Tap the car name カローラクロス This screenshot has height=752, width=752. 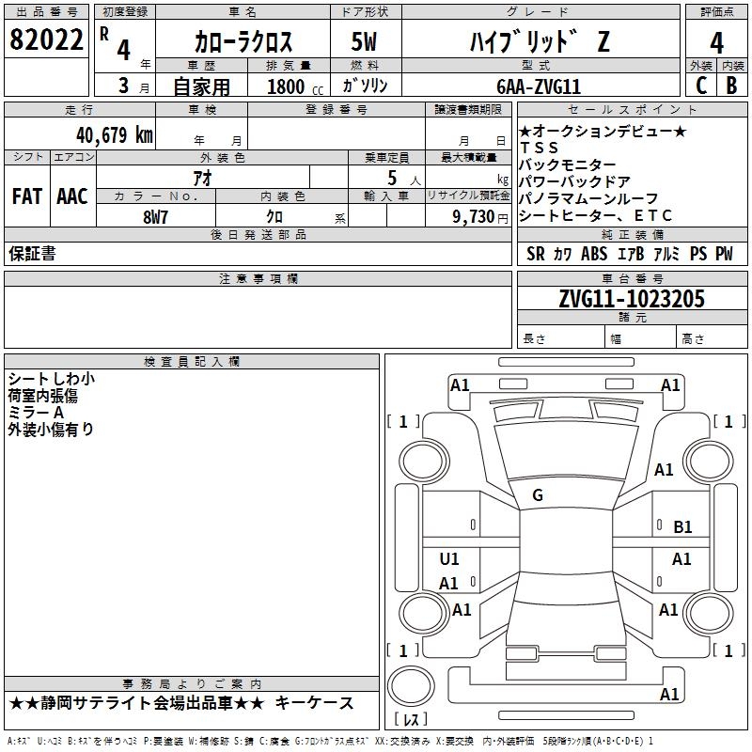[x=243, y=41]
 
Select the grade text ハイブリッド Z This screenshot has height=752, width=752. [x=539, y=41]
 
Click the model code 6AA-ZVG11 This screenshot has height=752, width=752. [x=539, y=86]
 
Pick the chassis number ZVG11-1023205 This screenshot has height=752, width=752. [x=624, y=299]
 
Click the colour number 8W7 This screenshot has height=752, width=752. [x=156, y=215]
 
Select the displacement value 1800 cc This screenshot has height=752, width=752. [x=291, y=86]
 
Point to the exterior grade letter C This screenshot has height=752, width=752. [x=700, y=86]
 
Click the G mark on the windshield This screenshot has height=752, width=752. [x=538, y=495]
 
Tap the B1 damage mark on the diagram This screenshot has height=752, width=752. [x=682, y=527]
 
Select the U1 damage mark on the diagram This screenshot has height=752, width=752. [x=449, y=559]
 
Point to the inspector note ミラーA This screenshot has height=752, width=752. [x=36, y=413]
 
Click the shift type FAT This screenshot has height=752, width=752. [x=26, y=196]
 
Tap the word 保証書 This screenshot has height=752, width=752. [x=32, y=254]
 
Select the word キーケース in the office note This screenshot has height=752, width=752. [x=319, y=703]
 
